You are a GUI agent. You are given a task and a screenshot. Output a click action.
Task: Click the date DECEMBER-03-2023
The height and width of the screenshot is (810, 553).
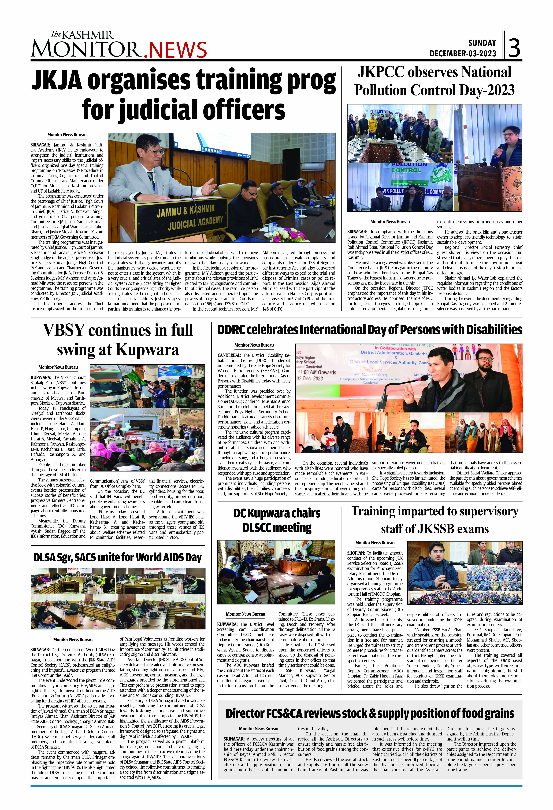[463, 54]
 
